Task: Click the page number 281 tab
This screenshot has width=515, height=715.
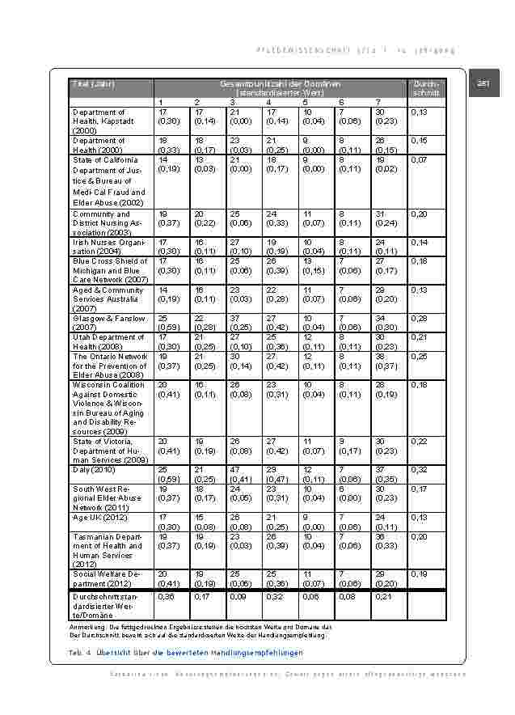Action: point(483,83)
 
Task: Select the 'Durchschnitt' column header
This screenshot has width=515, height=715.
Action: point(425,88)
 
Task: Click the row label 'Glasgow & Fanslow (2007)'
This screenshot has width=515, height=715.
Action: point(108,322)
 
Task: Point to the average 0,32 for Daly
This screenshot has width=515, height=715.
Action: point(420,469)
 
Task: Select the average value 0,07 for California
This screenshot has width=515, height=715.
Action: point(419,160)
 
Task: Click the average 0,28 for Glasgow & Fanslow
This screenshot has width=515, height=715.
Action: point(419,318)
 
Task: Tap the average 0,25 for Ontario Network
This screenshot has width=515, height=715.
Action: point(419,356)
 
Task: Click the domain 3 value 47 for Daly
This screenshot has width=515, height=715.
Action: point(234,469)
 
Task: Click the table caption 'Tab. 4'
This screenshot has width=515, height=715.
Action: point(80,652)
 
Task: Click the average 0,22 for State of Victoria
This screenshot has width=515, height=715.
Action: point(419,441)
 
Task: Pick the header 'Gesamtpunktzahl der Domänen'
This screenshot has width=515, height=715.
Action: point(279,84)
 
